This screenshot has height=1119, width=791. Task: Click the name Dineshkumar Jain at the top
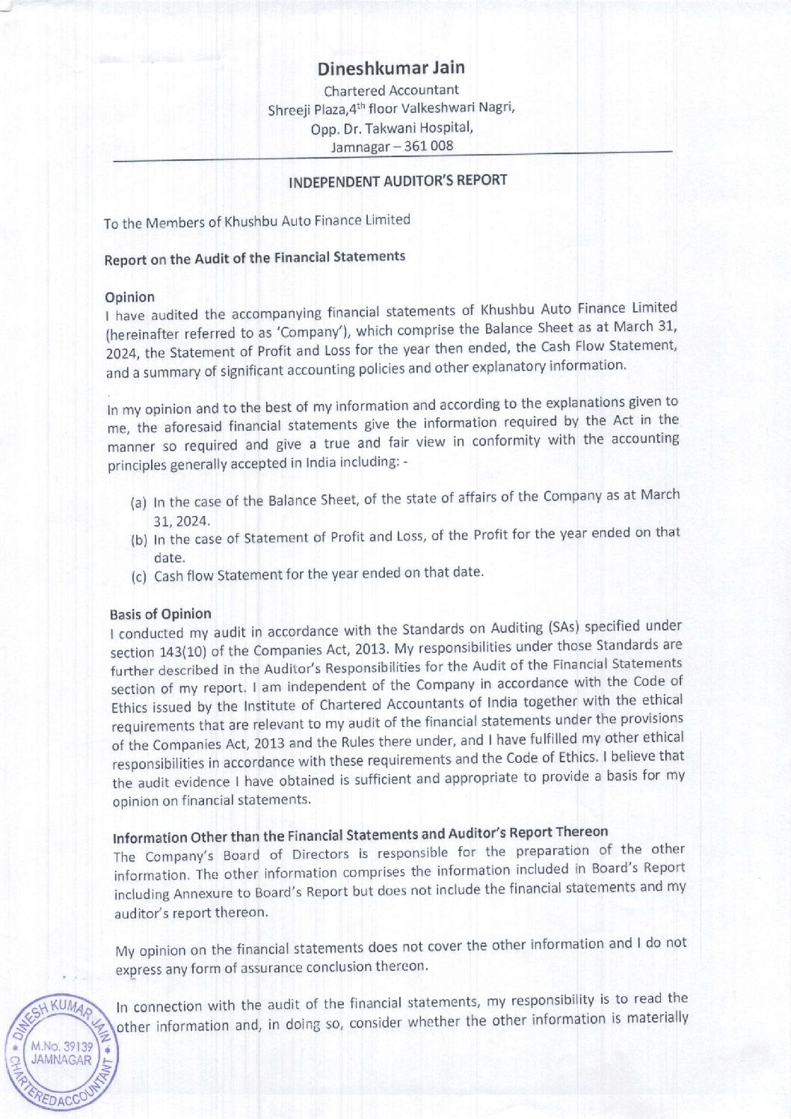(x=391, y=68)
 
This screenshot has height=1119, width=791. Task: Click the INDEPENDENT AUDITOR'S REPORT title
(x=398, y=181)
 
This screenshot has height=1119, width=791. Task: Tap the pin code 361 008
(x=428, y=146)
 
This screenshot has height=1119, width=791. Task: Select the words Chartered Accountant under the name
(x=391, y=91)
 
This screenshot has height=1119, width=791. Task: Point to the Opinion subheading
(x=130, y=297)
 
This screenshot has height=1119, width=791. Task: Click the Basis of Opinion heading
(x=161, y=614)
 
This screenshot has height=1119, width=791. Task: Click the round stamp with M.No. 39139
(x=60, y=1055)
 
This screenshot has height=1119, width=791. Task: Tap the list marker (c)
(x=139, y=577)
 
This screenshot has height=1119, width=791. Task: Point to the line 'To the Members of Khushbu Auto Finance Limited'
(x=257, y=221)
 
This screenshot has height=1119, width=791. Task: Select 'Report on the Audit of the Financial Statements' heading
(x=255, y=258)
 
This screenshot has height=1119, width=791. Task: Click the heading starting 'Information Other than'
(x=360, y=835)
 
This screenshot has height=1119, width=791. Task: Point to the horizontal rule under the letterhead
(x=393, y=157)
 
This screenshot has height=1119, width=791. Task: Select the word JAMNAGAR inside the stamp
(x=61, y=1060)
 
